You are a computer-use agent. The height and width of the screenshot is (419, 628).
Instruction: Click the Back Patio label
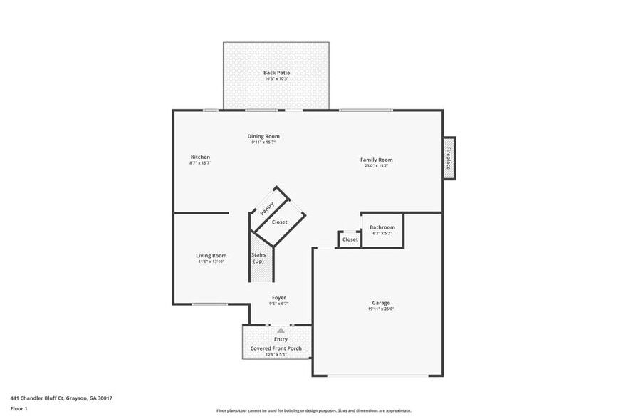click(276, 73)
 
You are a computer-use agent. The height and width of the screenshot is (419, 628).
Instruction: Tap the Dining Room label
click(263, 136)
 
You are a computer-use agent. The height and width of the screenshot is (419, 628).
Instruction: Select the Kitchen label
click(200, 157)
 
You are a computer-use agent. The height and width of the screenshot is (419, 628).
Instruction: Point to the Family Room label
click(376, 160)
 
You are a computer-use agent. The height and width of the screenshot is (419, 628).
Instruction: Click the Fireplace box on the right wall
click(449, 158)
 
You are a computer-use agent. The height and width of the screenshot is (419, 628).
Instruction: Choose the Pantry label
click(268, 209)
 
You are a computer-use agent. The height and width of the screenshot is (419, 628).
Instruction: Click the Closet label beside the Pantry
click(280, 222)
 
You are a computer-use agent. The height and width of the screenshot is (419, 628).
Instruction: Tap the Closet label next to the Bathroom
click(350, 239)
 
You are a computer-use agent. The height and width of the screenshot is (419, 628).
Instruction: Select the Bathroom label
click(382, 227)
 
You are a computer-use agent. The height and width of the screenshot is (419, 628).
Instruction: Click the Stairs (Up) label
click(258, 258)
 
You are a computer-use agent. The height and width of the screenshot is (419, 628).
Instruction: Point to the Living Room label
click(211, 256)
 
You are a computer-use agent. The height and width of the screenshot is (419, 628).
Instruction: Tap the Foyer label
click(279, 297)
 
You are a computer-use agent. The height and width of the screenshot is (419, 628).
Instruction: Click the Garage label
click(381, 303)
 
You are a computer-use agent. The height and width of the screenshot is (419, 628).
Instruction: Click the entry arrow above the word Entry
click(281, 331)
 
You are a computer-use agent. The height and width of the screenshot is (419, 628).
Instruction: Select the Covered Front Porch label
click(276, 348)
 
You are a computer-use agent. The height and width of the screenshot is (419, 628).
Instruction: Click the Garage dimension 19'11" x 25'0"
click(381, 309)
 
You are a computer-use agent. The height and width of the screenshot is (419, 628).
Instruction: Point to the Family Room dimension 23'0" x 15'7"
click(376, 166)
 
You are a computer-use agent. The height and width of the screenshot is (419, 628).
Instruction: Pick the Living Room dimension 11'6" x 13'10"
click(211, 262)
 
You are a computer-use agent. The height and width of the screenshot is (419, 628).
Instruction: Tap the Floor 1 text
click(19, 408)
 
